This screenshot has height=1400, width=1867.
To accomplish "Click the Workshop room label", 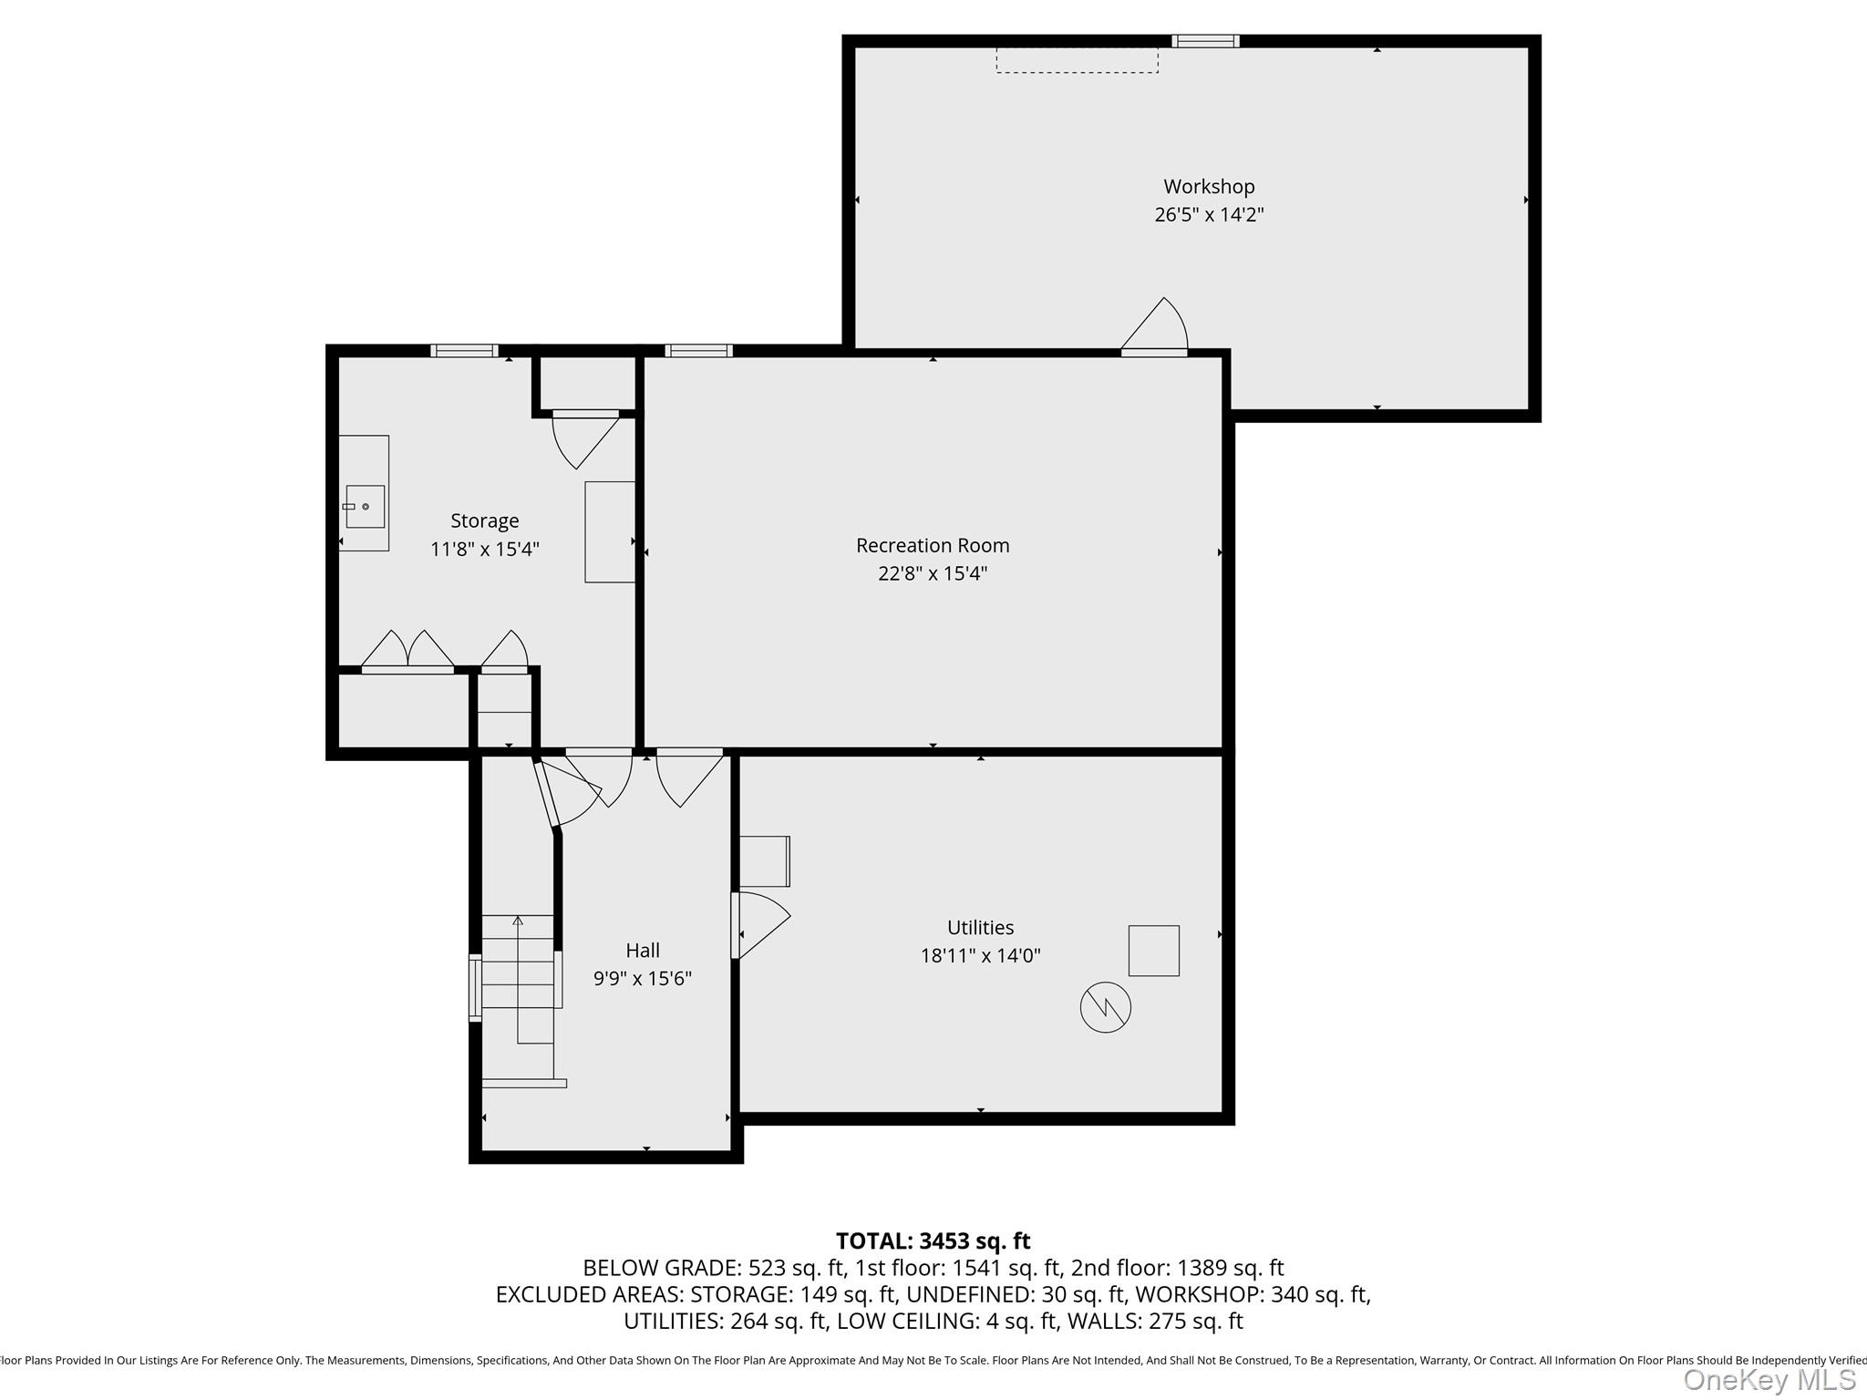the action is (1209, 187).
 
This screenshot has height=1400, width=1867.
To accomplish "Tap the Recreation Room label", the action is (933, 545).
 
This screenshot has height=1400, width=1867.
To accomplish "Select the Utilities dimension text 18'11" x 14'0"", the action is (980, 955).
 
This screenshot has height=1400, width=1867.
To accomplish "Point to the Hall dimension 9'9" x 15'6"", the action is (643, 978).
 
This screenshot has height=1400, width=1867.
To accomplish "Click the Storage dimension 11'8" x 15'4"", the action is (485, 549).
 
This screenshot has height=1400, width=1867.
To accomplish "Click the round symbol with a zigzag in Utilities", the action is (1106, 1007).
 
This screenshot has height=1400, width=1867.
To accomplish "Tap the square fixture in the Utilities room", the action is (1154, 951).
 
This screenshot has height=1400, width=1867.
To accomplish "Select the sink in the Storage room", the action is (364, 506).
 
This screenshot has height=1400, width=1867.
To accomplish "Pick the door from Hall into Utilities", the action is (761, 925).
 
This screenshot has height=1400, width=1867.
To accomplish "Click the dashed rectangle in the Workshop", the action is (1078, 60).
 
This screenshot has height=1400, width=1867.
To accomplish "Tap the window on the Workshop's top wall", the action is (1205, 41).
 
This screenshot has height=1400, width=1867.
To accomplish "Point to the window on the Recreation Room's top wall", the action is (698, 351).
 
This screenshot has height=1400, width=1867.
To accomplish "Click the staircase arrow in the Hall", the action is (518, 979).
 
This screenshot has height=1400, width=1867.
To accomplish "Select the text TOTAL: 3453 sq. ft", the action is (933, 1240).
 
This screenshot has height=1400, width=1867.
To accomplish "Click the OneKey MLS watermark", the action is (1769, 1380).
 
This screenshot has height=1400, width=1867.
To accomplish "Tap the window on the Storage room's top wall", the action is (465, 351).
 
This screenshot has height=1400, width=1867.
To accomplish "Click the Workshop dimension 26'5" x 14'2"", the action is (1209, 215).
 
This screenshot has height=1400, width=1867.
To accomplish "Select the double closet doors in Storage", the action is (407, 652).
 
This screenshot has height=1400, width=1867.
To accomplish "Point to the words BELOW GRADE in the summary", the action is (661, 1268).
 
